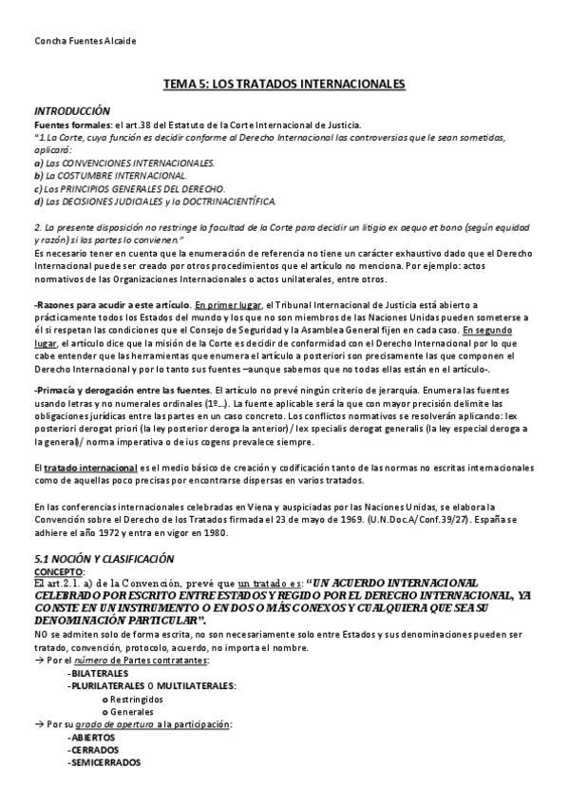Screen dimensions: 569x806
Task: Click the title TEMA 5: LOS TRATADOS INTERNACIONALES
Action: click(284, 86)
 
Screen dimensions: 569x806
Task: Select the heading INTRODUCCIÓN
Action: click(72, 111)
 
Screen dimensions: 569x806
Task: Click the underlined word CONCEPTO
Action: click(58, 571)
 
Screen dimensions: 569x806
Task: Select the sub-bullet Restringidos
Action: click(137, 699)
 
